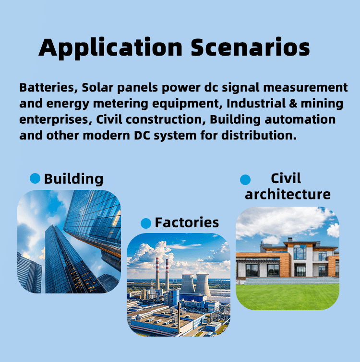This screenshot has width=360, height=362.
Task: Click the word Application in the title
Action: tap(111, 48)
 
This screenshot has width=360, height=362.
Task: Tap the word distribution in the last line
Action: tap(259, 135)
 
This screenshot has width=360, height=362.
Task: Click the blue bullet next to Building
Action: tap(35, 178)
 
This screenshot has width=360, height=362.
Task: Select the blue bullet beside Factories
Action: tap(146, 223)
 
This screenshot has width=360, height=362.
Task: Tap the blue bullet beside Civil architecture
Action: tap(245, 180)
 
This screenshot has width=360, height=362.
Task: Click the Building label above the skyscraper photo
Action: tap(74, 179)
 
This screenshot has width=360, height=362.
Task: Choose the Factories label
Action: tap(187, 222)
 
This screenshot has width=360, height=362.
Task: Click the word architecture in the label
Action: tap(288, 194)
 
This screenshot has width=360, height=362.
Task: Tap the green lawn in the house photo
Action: tap(288, 297)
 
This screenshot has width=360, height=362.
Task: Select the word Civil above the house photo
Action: tap(286, 178)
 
